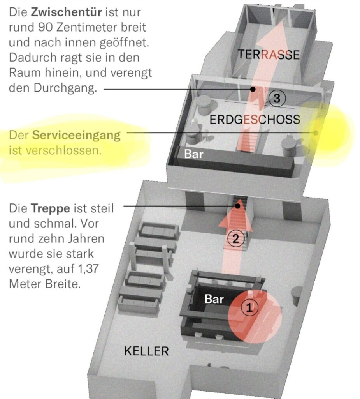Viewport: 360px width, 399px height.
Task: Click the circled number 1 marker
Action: (249, 308)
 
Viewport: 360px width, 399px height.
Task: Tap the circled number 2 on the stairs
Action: (236, 239)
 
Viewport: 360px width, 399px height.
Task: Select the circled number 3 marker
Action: (277, 98)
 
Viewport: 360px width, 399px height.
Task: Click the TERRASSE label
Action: (269, 55)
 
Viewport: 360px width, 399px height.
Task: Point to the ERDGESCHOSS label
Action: (255, 119)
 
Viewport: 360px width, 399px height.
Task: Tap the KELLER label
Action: (146, 351)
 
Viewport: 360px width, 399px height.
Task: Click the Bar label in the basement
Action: (214, 299)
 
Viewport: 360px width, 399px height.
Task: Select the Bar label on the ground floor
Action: (194, 154)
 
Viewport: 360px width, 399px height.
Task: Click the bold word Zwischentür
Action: (66, 12)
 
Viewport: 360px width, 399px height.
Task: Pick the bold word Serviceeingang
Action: (76, 135)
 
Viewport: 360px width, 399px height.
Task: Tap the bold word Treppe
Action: (50, 209)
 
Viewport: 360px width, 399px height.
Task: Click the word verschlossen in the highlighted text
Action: (63, 150)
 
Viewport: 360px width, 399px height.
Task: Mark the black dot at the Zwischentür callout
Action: (253, 89)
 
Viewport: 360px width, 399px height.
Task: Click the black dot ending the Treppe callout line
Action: (237, 206)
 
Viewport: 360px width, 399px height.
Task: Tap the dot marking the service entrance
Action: (316, 133)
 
